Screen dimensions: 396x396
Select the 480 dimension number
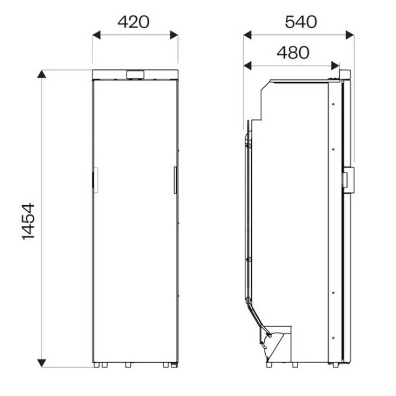[x=293, y=53]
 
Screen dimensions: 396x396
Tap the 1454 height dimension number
[x=28, y=221]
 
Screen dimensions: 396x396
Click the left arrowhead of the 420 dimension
[x=96, y=35]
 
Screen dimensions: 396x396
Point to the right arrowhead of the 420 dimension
[x=174, y=35]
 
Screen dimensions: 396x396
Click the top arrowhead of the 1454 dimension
[x=41, y=74]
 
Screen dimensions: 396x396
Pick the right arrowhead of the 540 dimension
[x=350, y=35]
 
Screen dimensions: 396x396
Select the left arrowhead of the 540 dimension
[x=247, y=35]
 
